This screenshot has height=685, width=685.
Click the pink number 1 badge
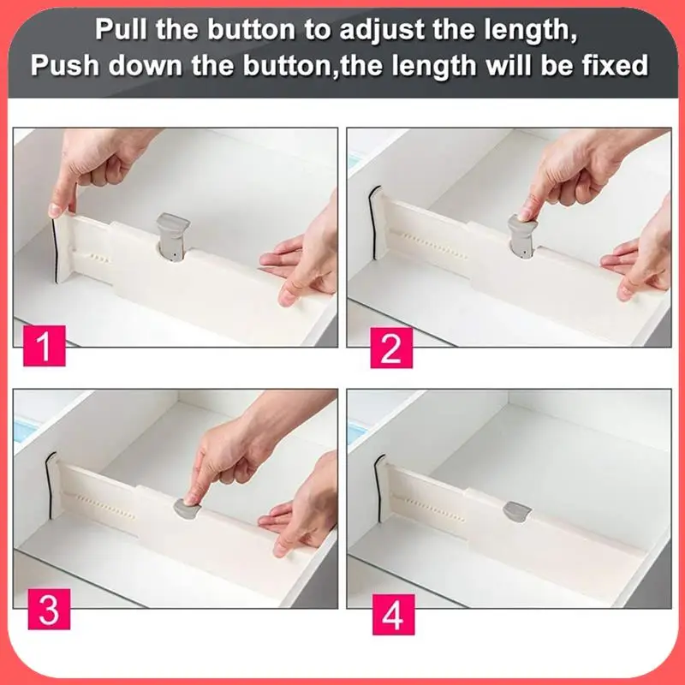coord(45,346)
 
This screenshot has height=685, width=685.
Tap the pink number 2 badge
coord(391,348)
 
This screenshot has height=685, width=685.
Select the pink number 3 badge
coord(49,609)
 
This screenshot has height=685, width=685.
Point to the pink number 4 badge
coord(393,614)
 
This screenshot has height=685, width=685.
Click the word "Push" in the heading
coord(65,65)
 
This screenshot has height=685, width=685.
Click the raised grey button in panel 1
coord(173,236)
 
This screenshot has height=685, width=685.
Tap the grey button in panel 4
coord(517,510)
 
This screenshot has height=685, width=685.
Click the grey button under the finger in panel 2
coord(522,237)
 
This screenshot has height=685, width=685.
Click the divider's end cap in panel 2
coord(377,223)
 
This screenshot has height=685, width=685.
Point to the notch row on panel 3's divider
coord(105,507)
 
